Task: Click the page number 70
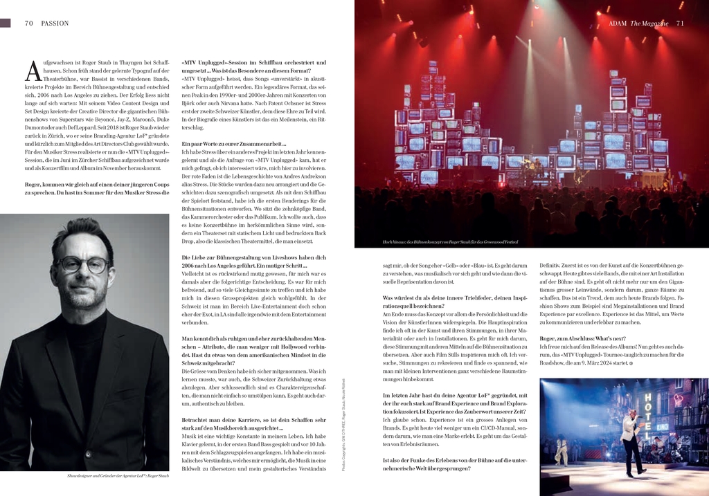[x=28, y=23]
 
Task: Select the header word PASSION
[x=55, y=23]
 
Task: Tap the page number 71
[x=680, y=23]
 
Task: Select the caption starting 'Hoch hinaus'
[x=450, y=242]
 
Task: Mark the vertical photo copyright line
[x=343, y=426]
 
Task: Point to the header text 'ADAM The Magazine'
[x=639, y=23]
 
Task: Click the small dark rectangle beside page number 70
[x=6, y=23]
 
